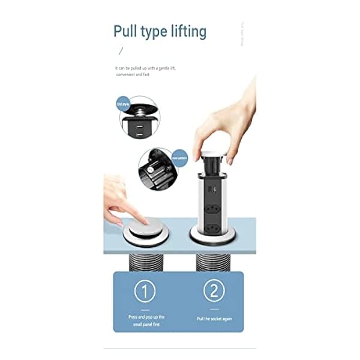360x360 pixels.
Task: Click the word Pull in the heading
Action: click(127, 31)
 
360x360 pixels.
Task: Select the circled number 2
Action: click(213, 292)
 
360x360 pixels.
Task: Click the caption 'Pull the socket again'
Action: click(214, 319)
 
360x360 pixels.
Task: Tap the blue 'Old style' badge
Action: click(123, 104)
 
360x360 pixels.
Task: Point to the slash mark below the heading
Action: click(122, 51)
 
